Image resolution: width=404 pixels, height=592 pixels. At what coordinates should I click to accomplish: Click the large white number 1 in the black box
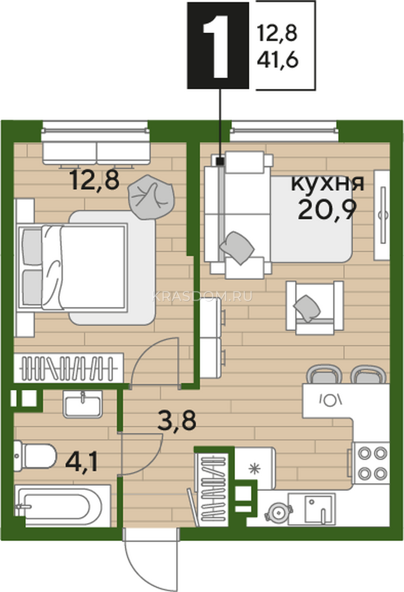tap(217, 46)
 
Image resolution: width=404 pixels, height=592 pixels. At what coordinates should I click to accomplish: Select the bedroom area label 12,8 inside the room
tap(94, 181)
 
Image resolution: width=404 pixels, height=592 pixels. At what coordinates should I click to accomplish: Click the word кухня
tap(328, 184)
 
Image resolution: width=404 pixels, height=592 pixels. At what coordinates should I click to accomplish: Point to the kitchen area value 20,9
tap(327, 210)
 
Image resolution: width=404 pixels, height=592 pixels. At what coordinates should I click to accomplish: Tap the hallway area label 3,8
tap(176, 420)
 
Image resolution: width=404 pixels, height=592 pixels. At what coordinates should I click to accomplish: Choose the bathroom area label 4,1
tap(81, 463)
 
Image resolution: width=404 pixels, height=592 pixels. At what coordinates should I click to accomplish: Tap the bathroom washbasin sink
tap(82, 405)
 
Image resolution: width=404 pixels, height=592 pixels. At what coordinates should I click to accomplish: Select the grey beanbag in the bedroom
tap(151, 197)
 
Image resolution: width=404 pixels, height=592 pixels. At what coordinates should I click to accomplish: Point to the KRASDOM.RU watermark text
tap(202, 296)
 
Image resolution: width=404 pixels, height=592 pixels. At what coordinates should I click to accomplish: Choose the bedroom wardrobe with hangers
tap(69, 368)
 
